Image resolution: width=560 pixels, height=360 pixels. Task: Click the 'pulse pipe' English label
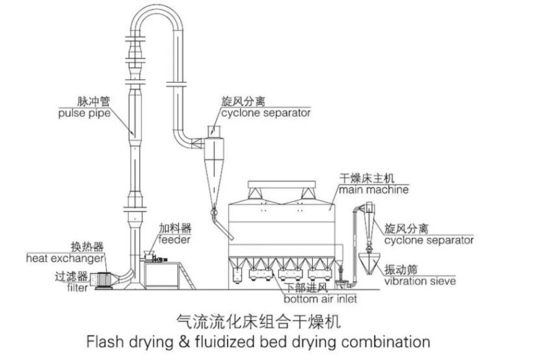[85, 114]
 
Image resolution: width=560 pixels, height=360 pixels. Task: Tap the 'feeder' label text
[174, 240]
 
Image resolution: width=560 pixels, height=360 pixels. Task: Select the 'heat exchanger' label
[65, 258]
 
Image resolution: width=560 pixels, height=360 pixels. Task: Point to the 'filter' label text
[77, 287]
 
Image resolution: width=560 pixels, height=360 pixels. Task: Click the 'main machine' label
[374, 189]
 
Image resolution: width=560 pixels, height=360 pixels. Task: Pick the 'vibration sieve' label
[420, 281]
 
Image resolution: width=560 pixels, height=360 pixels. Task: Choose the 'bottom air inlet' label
[320, 299]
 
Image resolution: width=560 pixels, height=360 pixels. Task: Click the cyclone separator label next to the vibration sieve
[429, 240]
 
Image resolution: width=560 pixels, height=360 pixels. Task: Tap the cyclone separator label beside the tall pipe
[266, 113]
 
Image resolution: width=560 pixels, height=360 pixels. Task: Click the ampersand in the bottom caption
[184, 342]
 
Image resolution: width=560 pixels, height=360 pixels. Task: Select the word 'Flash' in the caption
[106, 342]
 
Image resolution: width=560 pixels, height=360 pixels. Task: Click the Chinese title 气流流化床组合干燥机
[259, 321]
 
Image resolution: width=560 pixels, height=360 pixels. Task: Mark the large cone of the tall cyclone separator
[214, 179]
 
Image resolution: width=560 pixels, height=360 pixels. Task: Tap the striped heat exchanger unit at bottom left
[104, 280]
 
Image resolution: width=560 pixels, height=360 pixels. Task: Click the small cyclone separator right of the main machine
[369, 223]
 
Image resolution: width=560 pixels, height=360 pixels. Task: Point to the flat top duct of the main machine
[282, 184]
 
